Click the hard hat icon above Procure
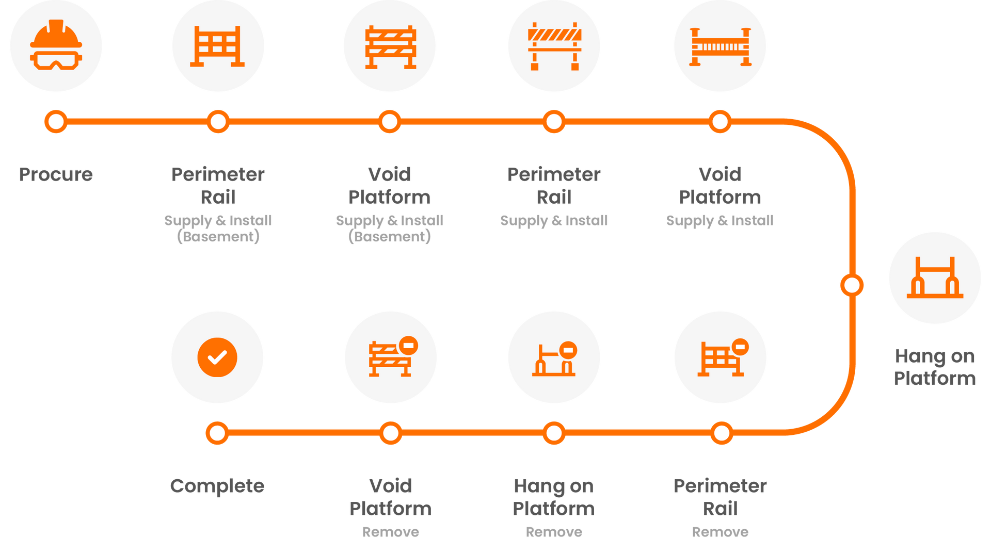click(x=56, y=45)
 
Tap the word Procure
click(x=56, y=174)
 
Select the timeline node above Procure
click(x=56, y=122)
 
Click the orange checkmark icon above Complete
click(x=217, y=357)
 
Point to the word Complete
click(x=217, y=486)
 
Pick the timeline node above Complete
click(x=217, y=433)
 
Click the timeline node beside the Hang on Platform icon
click(x=852, y=285)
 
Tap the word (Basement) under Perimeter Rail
click(x=218, y=237)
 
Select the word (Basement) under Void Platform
click(x=389, y=237)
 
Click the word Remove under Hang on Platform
click(x=554, y=532)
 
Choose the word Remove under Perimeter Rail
click(x=720, y=532)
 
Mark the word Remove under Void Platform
click(x=391, y=532)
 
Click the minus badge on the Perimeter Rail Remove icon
click(x=740, y=347)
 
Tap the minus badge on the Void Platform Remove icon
click(x=409, y=345)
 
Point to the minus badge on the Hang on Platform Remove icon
click(x=568, y=350)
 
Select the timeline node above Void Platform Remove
click(x=391, y=433)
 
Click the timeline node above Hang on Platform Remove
click(x=554, y=433)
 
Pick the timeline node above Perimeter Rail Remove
click(x=721, y=433)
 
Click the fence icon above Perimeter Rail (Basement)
click(x=218, y=46)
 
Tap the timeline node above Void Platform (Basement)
click(x=389, y=122)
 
